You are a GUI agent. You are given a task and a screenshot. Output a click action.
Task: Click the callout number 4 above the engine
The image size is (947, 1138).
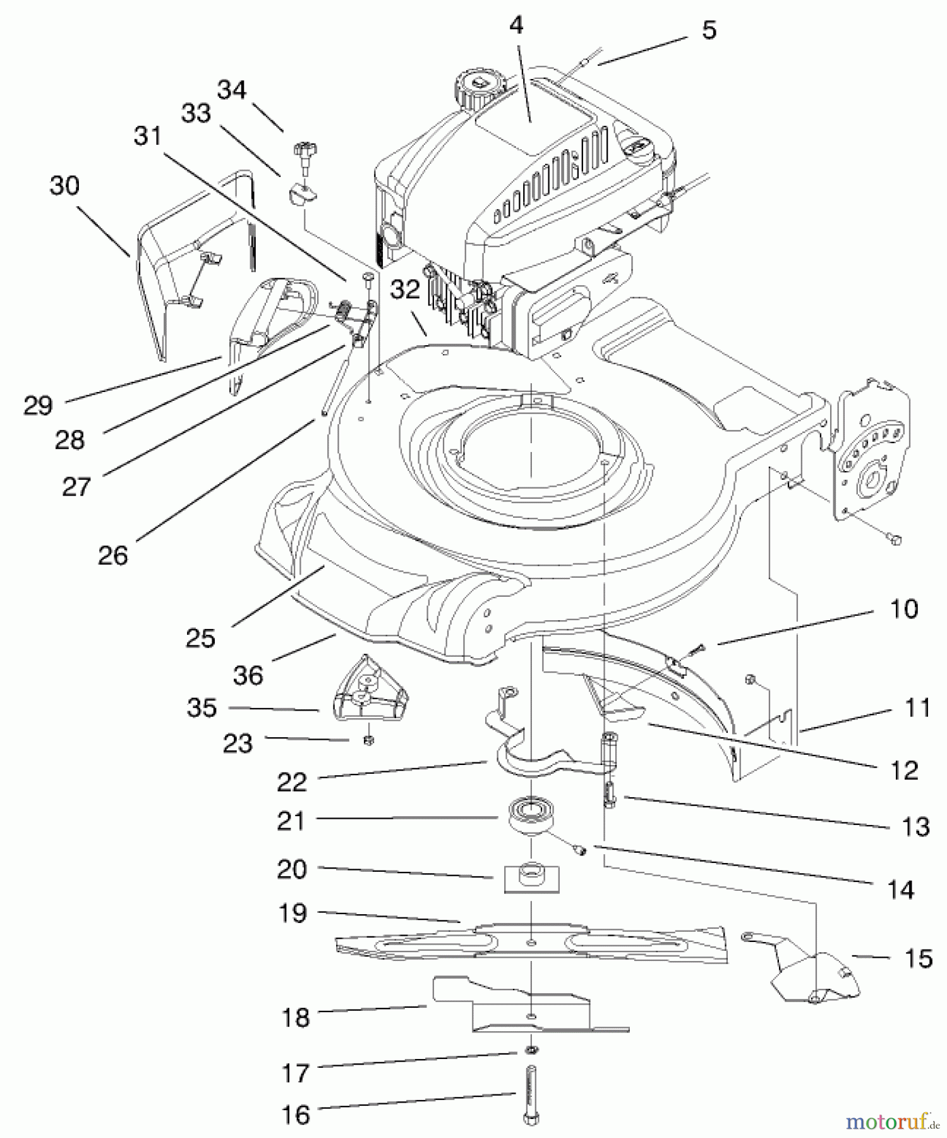pos(516,25)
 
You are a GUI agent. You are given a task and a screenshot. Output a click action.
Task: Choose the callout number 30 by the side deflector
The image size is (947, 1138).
pos(64,186)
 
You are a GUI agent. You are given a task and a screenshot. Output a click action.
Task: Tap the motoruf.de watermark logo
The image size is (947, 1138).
pos(893,1122)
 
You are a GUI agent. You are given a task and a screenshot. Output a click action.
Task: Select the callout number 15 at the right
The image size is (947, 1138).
pos(918,958)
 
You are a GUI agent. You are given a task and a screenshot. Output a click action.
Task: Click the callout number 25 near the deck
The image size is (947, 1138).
pos(200,638)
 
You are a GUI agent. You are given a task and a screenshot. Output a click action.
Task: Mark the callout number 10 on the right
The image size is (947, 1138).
pos(903,609)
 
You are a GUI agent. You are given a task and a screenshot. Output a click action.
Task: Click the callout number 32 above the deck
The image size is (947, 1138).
pos(405,290)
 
